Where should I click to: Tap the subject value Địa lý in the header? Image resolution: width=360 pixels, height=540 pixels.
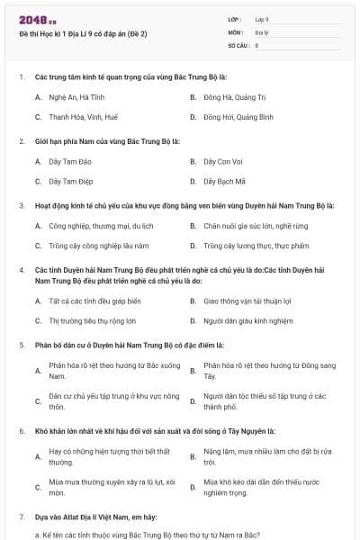(261, 31)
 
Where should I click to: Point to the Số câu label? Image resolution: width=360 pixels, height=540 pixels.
(237, 44)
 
